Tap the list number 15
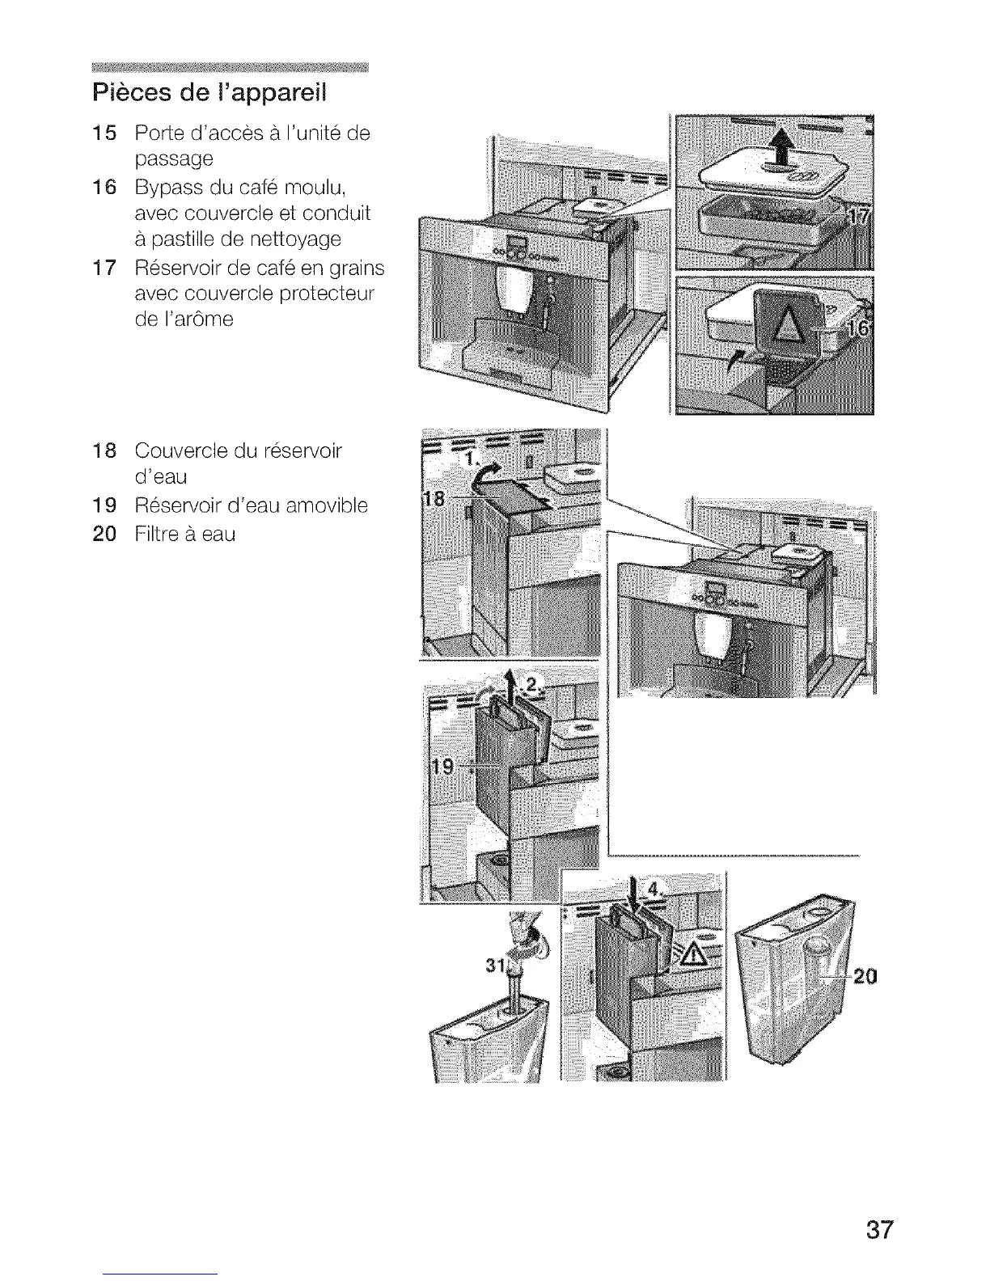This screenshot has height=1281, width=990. point(105,133)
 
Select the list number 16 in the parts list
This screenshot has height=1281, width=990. point(105,188)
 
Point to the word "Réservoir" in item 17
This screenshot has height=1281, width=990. point(181,268)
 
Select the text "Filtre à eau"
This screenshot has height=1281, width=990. point(185,535)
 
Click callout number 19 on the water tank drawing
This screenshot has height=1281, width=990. point(442,766)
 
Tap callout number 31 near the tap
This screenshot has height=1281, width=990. point(494,966)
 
